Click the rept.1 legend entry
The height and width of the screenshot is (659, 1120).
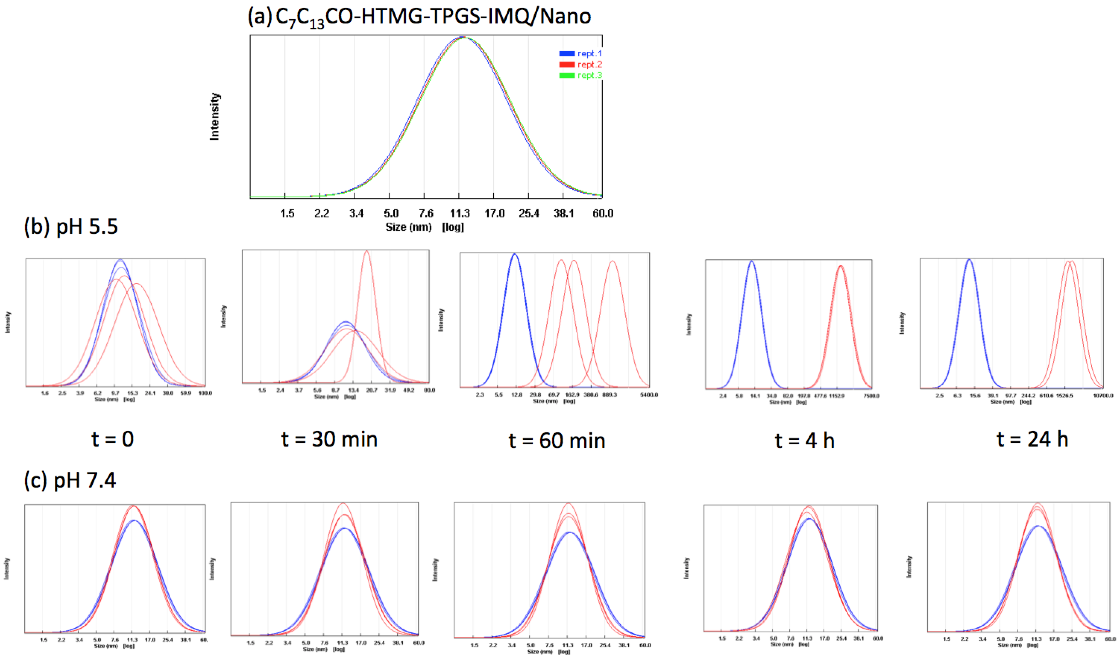pos(580,53)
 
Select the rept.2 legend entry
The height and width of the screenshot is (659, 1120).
pos(580,65)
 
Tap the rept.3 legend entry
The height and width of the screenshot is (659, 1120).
pos(580,75)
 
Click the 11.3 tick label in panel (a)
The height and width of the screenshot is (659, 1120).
pos(460,214)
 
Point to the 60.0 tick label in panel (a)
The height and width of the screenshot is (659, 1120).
pos(603,214)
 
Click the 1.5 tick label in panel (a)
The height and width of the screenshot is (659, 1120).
pos(287,214)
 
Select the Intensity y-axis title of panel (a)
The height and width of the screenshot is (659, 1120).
pos(215,117)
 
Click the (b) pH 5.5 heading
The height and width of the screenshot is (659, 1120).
pos(71,227)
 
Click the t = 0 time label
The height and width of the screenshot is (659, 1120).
pos(113,439)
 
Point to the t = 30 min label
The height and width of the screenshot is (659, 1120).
pos(329,439)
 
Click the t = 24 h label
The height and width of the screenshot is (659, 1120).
pos(1032,439)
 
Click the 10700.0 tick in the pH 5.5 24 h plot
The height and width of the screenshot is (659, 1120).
pos(1103,395)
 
